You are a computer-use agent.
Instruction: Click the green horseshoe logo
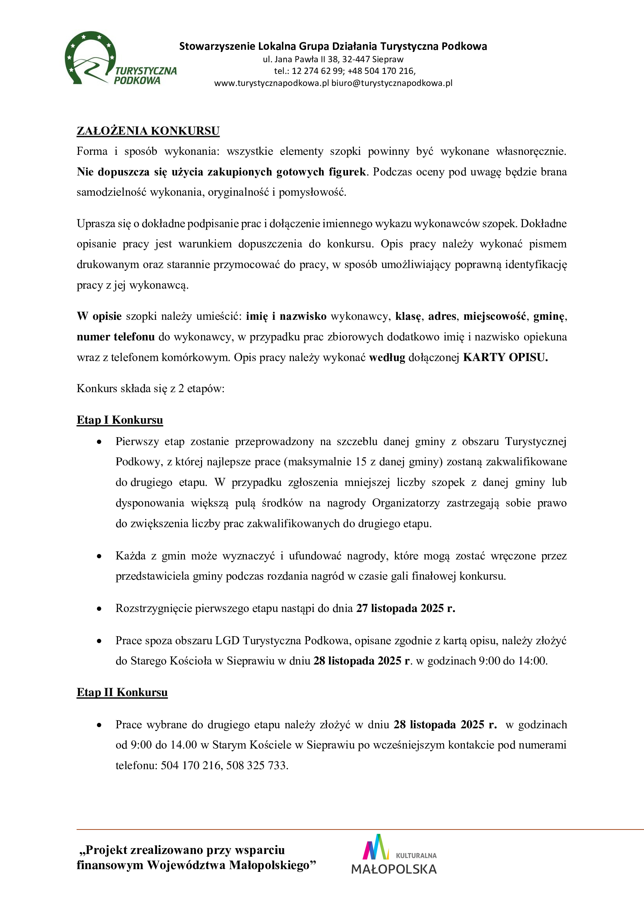point(90,58)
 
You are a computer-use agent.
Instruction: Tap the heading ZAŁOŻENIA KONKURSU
point(148,131)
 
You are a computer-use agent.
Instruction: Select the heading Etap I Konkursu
point(120,420)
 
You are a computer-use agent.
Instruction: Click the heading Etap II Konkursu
point(122,692)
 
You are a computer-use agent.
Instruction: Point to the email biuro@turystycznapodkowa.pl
point(392,83)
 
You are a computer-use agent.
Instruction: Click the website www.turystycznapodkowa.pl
point(272,83)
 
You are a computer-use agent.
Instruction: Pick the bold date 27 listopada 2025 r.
point(405,608)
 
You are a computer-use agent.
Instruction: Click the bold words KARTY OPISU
point(505,358)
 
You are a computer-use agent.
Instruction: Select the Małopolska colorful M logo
point(373,847)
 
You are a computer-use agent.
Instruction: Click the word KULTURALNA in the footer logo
point(416,856)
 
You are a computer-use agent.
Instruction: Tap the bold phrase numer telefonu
point(116,337)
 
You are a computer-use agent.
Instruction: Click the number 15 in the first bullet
point(361,462)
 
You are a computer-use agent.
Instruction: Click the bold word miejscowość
point(495,316)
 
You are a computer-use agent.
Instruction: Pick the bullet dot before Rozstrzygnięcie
point(99,608)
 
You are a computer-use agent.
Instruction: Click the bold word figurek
point(347,172)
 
